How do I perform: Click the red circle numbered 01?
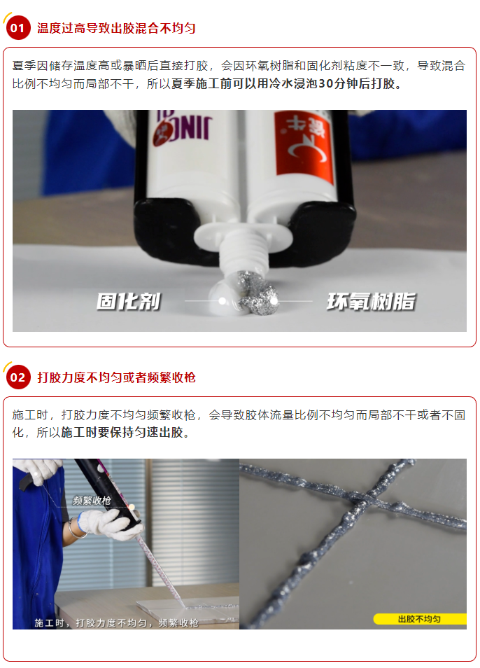pyautogui.click(x=18, y=28)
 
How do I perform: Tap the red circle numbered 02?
pyautogui.click(x=18, y=377)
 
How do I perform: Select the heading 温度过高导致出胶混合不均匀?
pyautogui.click(x=116, y=28)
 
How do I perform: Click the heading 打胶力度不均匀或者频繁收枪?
pyautogui.click(x=116, y=377)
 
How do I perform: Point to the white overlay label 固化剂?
pyautogui.click(x=129, y=301)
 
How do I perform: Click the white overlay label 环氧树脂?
pyautogui.click(x=371, y=301)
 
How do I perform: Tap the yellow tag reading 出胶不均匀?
pyautogui.click(x=420, y=619)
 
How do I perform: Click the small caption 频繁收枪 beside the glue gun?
pyautogui.click(x=92, y=501)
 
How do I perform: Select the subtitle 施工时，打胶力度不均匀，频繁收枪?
pyautogui.click(x=116, y=623)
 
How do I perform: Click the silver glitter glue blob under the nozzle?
pyautogui.click(x=258, y=293)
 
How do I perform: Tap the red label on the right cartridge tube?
pyautogui.click(x=304, y=145)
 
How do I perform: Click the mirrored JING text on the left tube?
pyautogui.click(x=184, y=128)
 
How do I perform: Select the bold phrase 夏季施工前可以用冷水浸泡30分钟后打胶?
pyautogui.click(x=283, y=83)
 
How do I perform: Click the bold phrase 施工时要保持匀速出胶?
pyautogui.click(x=122, y=433)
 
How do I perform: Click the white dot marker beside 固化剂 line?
pyautogui.click(x=222, y=301)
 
